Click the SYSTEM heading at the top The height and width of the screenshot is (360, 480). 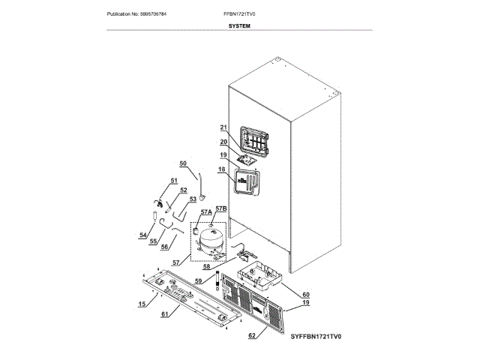click(x=239, y=25)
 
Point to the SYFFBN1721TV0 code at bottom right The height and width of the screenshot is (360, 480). click(x=316, y=338)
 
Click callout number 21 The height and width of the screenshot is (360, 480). click(x=223, y=127)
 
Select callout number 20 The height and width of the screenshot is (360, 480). click(x=223, y=142)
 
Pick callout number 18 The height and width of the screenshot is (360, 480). click(x=223, y=171)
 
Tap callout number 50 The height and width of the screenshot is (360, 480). click(x=182, y=163)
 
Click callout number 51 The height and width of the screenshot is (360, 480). click(x=173, y=181)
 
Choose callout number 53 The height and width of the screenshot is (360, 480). click(x=192, y=199)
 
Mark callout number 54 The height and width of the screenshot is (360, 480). click(x=142, y=235)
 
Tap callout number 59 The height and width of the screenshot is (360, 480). click(x=199, y=281)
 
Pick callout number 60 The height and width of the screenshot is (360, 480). click(x=305, y=295)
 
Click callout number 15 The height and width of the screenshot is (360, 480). click(x=142, y=304)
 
